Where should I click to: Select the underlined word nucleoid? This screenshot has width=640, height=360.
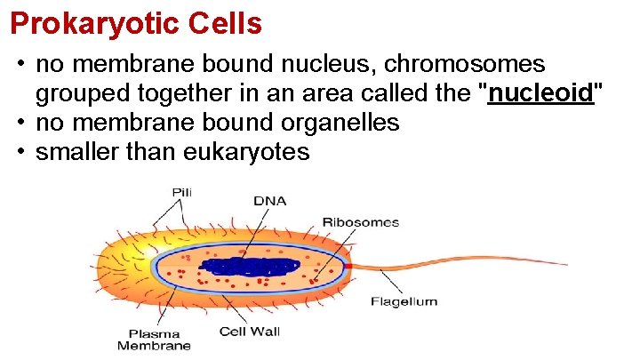coord(541,93)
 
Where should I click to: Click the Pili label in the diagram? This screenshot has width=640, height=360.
coord(182,192)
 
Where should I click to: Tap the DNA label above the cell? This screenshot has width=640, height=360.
coord(269,201)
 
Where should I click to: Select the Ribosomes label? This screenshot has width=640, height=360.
coord(360,222)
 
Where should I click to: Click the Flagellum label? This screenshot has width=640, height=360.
coord(404,301)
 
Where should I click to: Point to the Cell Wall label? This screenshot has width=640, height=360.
coord(250,332)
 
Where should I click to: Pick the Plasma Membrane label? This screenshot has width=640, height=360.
coord(154,340)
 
